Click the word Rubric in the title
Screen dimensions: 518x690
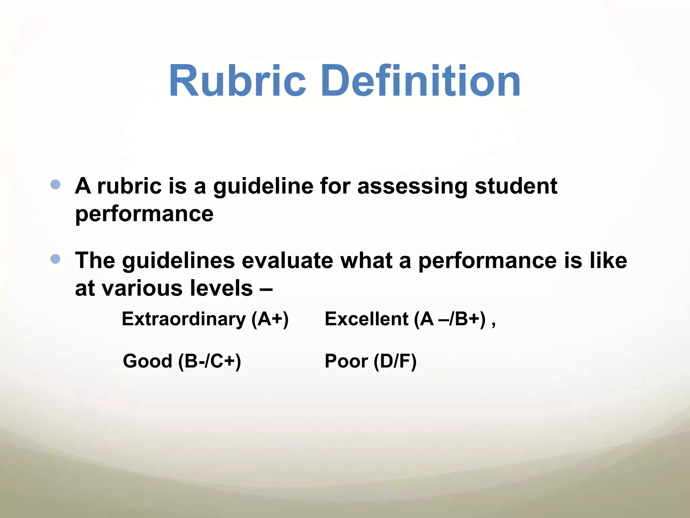coord(237,81)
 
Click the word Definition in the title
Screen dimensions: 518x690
coord(421,81)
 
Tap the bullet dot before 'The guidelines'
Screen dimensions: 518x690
coord(55,259)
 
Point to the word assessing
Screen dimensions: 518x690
coord(412,186)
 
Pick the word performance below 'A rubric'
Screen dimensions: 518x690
coord(144,214)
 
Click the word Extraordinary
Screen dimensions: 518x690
coord(184,319)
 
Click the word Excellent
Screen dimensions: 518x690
coord(367,319)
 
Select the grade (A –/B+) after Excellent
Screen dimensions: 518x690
coord(450,319)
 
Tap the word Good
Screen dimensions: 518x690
coord(148,361)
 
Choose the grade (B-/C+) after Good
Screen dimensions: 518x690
coord(210,362)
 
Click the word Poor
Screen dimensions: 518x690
coord(346,361)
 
